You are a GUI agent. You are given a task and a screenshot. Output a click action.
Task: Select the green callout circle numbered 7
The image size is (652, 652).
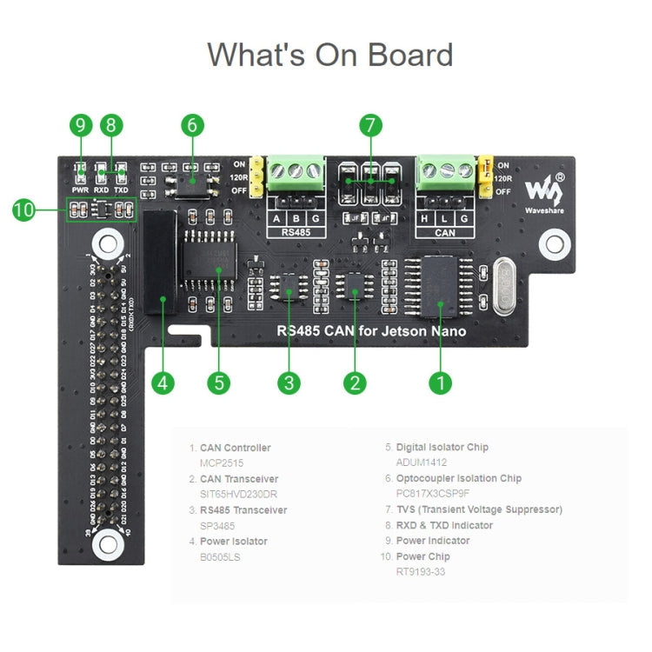pyautogui.click(x=370, y=125)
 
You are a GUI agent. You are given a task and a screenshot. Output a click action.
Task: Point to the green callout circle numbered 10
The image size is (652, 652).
pyautogui.click(x=23, y=210)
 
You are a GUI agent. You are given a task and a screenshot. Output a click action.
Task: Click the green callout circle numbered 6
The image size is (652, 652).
pyautogui.click(x=192, y=125)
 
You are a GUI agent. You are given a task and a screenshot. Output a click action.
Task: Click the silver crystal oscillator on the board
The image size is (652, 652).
pyautogui.click(x=503, y=286)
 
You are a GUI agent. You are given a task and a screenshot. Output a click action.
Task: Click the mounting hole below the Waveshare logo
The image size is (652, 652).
pyautogui.click(x=554, y=244)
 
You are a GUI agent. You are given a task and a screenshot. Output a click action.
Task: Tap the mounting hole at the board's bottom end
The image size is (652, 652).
pyautogui.click(x=108, y=544)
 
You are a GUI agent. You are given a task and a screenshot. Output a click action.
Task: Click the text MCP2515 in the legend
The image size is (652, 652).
pyautogui.click(x=224, y=463)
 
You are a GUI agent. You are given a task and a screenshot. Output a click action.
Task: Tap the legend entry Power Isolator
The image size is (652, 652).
pyautogui.click(x=233, y=541)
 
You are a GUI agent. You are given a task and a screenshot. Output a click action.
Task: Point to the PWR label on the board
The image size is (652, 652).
pyautogui.click(x=80, y=189)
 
